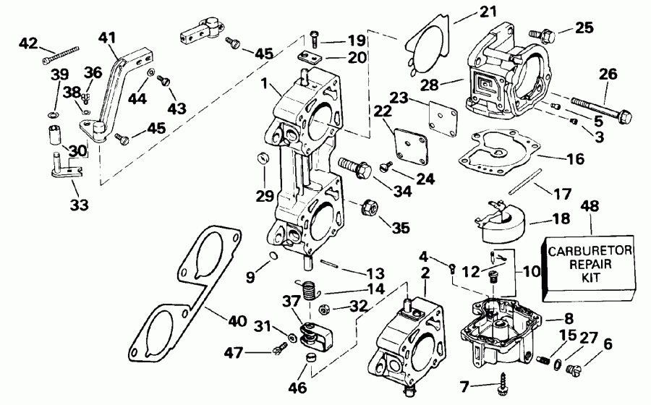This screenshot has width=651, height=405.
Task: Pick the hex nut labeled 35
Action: [366, 208]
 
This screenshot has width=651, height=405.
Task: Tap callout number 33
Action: [79, 205]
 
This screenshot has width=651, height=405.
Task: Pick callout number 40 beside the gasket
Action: [237, 321]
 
